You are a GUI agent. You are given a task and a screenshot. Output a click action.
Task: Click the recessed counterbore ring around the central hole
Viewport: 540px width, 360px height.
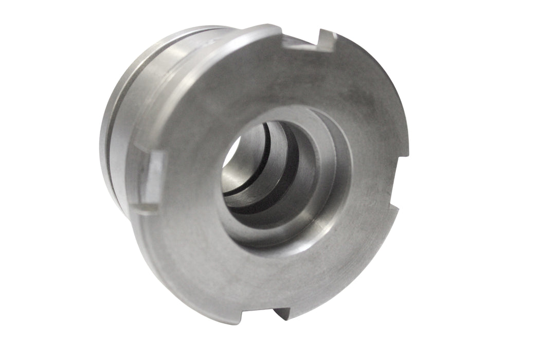[329, 170]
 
